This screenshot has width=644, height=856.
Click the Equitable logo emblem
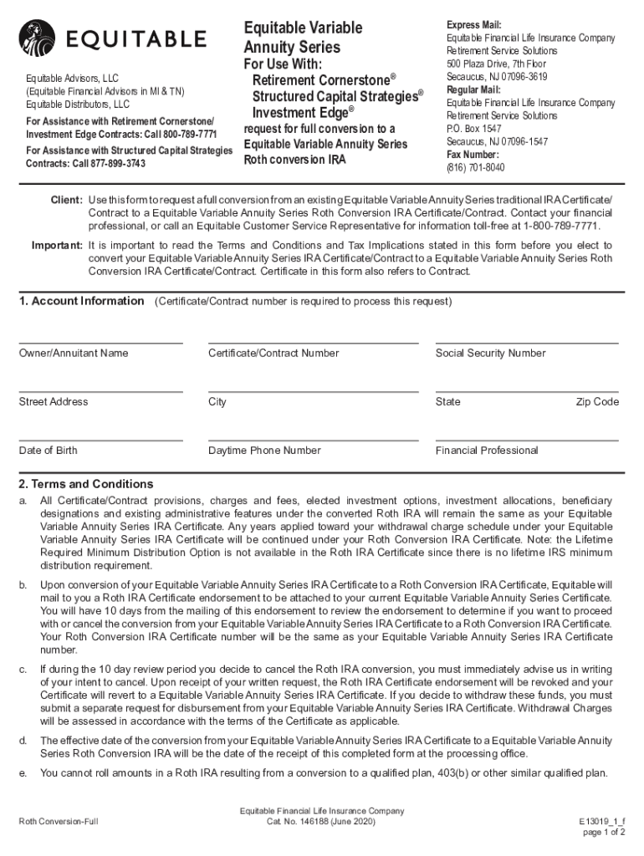38,38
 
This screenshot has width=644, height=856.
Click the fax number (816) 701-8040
475,167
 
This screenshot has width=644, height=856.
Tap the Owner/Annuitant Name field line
100,342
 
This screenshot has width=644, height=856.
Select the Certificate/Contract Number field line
313,342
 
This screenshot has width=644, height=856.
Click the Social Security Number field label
490,354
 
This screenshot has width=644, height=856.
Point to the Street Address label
53,402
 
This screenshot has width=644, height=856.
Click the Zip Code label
597,402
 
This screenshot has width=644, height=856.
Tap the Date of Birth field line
100,440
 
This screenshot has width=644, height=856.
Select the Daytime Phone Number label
264,451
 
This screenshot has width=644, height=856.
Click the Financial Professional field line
527,440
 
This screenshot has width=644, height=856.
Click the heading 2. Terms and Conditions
86,484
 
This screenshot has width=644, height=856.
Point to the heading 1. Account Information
81,301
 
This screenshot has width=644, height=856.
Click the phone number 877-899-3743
114,163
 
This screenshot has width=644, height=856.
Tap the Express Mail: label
473,25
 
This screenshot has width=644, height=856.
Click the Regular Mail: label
473,89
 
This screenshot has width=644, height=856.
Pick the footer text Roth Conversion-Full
59,822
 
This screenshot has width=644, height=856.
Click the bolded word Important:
57,246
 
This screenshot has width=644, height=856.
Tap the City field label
217,402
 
